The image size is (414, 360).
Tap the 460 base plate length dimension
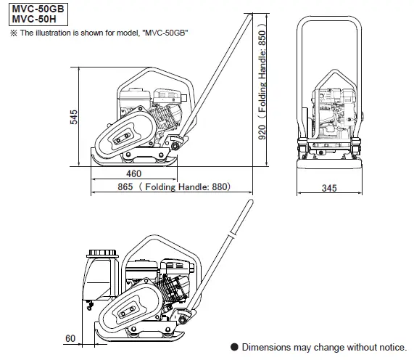point(133,174)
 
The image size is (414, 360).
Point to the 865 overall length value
point(124,187)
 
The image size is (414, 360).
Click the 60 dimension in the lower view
point(70,338)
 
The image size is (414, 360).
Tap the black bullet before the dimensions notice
point(234,348)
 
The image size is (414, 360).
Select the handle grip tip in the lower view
point(237,221)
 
